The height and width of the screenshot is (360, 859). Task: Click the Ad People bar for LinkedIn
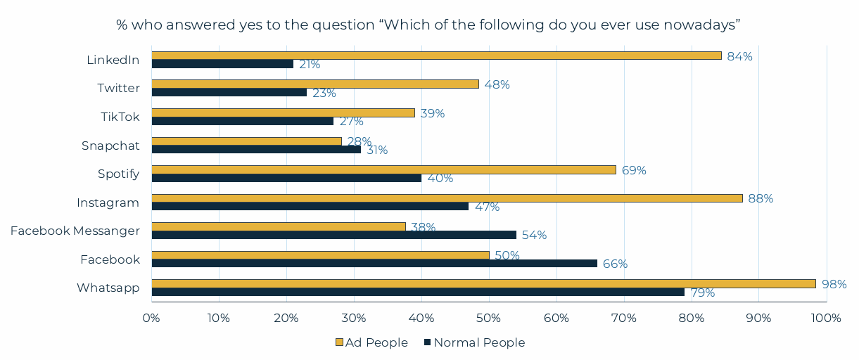436,56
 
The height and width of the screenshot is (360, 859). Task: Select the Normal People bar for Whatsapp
418,292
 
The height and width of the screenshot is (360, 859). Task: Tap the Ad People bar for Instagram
447,198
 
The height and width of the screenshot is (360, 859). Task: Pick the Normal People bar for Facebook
374,264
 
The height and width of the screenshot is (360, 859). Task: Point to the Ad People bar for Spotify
383,169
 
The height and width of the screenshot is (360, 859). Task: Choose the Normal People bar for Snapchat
256,149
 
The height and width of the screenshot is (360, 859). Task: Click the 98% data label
834,284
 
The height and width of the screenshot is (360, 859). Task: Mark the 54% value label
534,235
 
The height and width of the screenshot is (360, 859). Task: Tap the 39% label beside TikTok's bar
432,113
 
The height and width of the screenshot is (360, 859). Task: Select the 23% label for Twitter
324,93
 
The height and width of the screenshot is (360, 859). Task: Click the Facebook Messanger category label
75,231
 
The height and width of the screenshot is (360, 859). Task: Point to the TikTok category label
120,117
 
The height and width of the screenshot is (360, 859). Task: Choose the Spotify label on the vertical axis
119,174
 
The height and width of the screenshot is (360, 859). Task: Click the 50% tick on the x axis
489,318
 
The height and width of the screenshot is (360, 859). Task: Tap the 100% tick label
826,318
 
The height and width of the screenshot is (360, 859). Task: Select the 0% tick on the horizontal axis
152,318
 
